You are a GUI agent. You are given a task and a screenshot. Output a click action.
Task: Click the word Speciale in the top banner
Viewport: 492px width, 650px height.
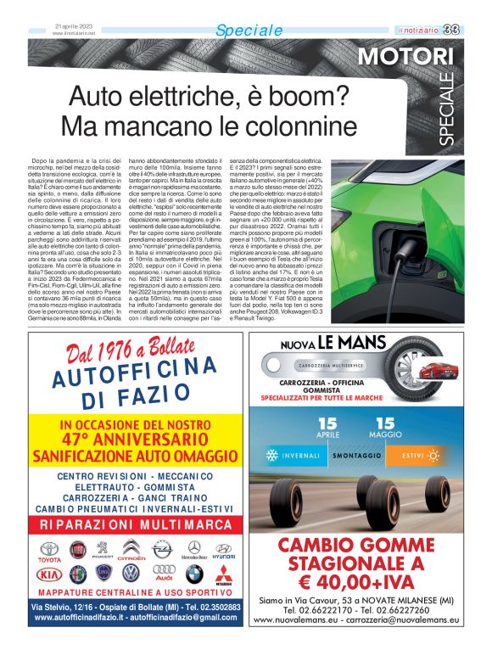click(x=249, y=31)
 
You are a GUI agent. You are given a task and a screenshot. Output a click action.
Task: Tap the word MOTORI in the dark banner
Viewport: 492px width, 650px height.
click(x=405, y=58)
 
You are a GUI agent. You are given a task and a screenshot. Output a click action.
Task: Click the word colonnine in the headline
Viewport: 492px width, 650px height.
click(x=303, y=128)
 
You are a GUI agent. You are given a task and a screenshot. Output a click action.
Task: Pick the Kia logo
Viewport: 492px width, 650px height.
click(x=50, y=574)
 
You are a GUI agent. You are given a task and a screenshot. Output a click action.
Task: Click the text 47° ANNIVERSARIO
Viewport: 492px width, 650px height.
click(x=135, y=440)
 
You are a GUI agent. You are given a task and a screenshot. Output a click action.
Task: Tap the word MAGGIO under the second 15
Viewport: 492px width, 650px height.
click(x=386, y=434)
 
